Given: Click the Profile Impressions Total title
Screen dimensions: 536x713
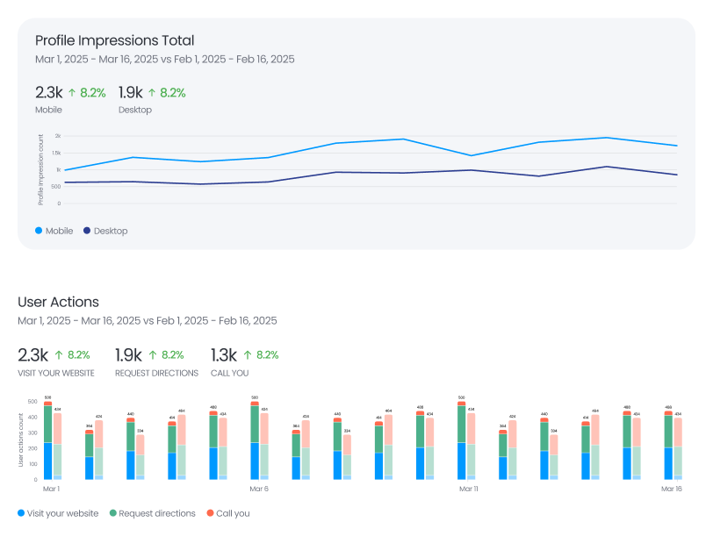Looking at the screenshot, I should pyautogui.click(x=114, y=40).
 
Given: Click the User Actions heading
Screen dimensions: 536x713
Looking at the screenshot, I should pyautogui.click(x=58, y=302).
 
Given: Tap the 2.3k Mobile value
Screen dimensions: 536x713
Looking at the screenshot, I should pyautogui.click(x=48, y=92).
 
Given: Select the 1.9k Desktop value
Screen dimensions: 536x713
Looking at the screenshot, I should pyautogui.click(x=130, y=92).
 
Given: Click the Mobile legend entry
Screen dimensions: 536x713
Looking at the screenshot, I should pyautogui.click(x=54, y=231).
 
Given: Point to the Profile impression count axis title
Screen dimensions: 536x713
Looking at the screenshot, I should pyautogui.click(x=40, y=170).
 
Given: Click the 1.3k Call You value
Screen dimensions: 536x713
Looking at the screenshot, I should pyautogui.click(x=223, y=355).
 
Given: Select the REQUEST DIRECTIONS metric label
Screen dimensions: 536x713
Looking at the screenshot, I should pyautogui.click(x=156, y=373).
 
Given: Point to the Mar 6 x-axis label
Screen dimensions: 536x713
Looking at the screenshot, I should pyautogui.click(x=259, y=489).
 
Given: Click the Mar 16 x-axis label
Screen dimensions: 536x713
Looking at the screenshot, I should pyautogui.click(x=672, y=489).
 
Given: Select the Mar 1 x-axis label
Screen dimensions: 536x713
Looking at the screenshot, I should pyautogui.click(x=51, y=489).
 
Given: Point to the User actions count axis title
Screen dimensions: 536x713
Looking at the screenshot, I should pyautogui.click(x=22, y=440).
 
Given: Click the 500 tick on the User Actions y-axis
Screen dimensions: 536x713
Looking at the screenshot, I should pyautogui.click(x=33, y=402).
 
